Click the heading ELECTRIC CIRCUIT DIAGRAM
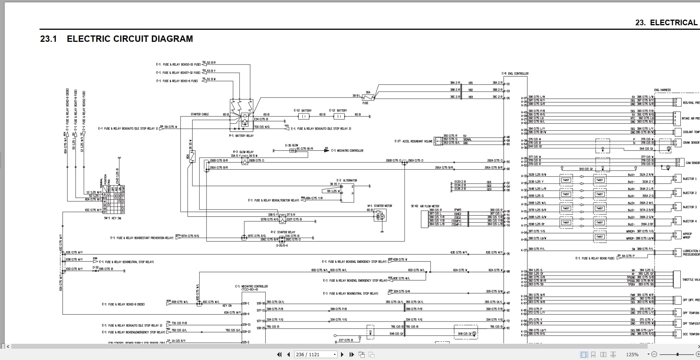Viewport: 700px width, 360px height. (x=130, y=39)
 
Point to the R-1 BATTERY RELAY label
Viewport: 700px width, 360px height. (x=241, y=136)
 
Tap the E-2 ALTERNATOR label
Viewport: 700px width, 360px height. (x=347, y=181)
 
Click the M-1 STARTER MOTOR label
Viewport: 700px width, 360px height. (x=379, y=206)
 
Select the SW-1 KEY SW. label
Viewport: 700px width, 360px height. (x=113, y=218)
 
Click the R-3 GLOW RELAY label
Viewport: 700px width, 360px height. (x=243, y=152)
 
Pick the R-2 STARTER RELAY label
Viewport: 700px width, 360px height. (x=283, y=232)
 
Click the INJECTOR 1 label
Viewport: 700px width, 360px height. (x=689, y=179)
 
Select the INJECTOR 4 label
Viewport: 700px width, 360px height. (x=689, y=221)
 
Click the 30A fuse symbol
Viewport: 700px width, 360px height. (x=368, y=98)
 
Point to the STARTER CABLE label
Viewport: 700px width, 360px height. (x=200, y=114)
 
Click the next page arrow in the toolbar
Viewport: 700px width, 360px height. (x=342, y=354)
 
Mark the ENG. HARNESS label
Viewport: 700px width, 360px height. (x=662, y=90)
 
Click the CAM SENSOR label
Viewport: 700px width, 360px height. (x=692, y=163)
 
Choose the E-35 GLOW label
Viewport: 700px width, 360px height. (x=291, y=145)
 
